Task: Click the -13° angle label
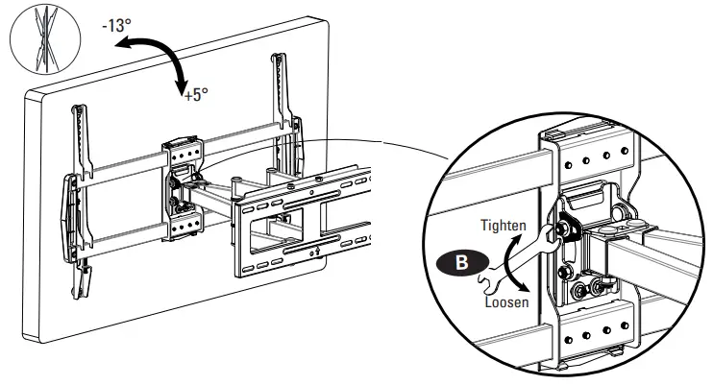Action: (116, 26)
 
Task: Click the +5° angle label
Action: (196, 95)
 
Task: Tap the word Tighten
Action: (504, 226)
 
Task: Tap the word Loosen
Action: (506, 302)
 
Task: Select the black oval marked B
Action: (462, 263)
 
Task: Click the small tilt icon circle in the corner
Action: (45, 39)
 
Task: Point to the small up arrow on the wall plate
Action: (317, 251)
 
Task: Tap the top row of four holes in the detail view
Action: (596, 157)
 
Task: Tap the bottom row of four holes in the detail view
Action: (596, 333)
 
